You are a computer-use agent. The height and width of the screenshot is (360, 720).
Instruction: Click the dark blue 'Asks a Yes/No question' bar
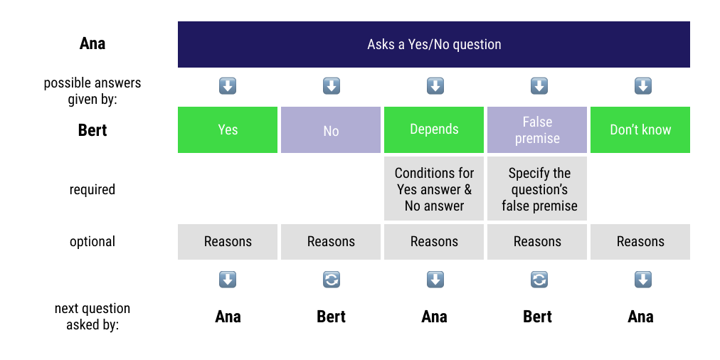point(434,44)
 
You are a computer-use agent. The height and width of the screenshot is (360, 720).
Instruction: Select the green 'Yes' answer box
point(228,129)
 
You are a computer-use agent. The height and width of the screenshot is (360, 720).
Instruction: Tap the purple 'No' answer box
point(331,130)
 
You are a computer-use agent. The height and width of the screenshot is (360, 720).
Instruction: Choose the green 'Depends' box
point(434,129)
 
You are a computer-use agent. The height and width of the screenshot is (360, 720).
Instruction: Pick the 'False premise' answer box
point(537,129)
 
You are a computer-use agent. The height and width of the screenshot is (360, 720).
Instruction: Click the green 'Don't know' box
point(640,129)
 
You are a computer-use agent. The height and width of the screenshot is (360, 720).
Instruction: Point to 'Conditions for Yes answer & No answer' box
point(434,189)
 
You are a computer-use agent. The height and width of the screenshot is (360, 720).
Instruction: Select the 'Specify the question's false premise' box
point(537,189)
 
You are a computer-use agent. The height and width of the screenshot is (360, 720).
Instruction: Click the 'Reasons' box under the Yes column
point(228,242)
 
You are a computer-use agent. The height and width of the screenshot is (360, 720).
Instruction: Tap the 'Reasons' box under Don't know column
point(640,242)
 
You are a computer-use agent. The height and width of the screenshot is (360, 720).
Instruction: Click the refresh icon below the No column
point(332,280)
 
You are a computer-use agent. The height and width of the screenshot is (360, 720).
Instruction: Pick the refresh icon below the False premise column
point(539,280)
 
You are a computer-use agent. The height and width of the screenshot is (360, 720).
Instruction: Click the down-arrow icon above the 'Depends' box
point(435,87)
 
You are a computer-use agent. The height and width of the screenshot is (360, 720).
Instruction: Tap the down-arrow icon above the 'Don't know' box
point(642,87)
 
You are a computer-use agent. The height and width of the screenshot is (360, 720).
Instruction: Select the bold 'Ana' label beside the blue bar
point(92,44)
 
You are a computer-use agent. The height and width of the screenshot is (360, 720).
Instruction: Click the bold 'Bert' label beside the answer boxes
point(92,131)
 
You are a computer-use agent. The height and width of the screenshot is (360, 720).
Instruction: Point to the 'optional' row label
point(92,242)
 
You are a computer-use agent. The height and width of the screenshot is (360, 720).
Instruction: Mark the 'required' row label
point(92,190)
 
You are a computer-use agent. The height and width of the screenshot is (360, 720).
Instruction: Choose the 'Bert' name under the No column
point(331,317)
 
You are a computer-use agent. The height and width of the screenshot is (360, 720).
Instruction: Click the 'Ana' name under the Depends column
point(434,317)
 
